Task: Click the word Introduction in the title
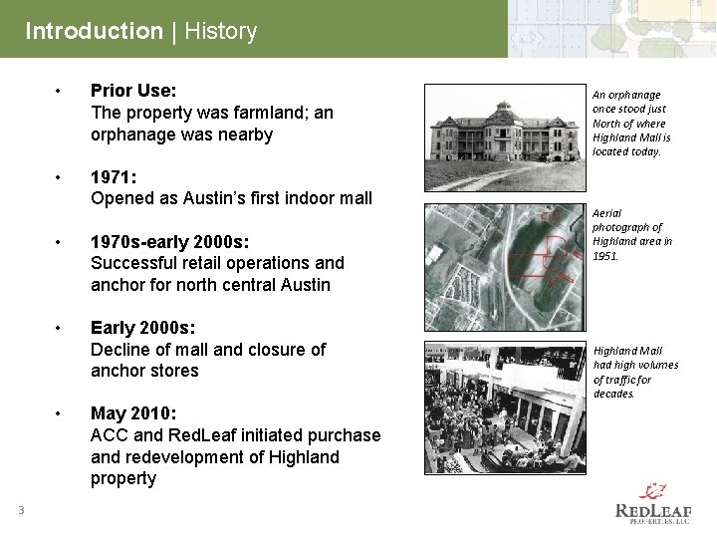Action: click(94, 31)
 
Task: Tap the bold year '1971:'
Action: click(115, 177)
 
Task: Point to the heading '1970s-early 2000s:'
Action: click(170, 242)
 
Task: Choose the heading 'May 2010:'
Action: click(133, 413)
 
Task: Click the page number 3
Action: click(19, 511)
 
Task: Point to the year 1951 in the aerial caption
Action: click(604, 256)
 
